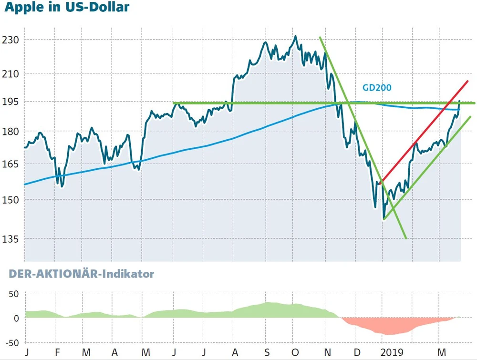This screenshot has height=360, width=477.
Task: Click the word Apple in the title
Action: point(23,8)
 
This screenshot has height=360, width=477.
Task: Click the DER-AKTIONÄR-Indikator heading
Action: point(79,274)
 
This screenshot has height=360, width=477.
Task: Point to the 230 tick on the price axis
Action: point(10,40)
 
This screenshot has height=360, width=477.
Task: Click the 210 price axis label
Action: point(10,74)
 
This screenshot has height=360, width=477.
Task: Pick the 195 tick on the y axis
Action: point(10,102)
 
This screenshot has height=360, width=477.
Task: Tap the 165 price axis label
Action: point(10,164)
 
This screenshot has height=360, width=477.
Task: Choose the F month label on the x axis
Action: point(57,352)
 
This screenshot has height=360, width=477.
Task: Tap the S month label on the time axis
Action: point(267,352)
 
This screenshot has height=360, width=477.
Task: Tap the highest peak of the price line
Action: point(295,36)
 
